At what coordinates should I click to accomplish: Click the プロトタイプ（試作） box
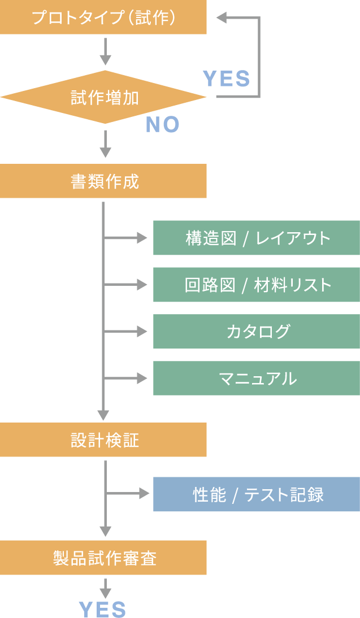[x=103, y=18]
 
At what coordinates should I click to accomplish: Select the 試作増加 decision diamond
[x=104, y=98]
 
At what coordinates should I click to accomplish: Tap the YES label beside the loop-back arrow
[x=226, y=79]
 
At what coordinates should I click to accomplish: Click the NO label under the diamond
[x=162, y=124]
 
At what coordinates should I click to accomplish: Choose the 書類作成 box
[x=103, y=181]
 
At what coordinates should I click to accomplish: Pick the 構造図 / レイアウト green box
[x=257, y=238]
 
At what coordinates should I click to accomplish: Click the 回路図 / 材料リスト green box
[x=257, y=285]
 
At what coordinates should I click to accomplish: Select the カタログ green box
[x=257, y=331]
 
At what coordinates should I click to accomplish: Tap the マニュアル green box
[x=257, y=378]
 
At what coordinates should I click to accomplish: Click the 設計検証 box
[x=103, y=440]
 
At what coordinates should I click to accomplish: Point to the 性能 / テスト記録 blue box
[x=257, y=494]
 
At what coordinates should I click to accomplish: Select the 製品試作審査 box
[x=103, y=558]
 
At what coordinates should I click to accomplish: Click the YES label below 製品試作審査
[x=102, y=609]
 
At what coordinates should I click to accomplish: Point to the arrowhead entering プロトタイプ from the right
[x=222, y=18]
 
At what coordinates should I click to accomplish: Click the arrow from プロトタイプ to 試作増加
[x=105, y=52]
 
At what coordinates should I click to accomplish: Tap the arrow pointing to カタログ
[x=128, y=331]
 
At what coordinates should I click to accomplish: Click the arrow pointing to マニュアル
[x=128, y=378]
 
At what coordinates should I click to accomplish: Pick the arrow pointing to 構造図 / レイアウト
[x=128, y=238]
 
